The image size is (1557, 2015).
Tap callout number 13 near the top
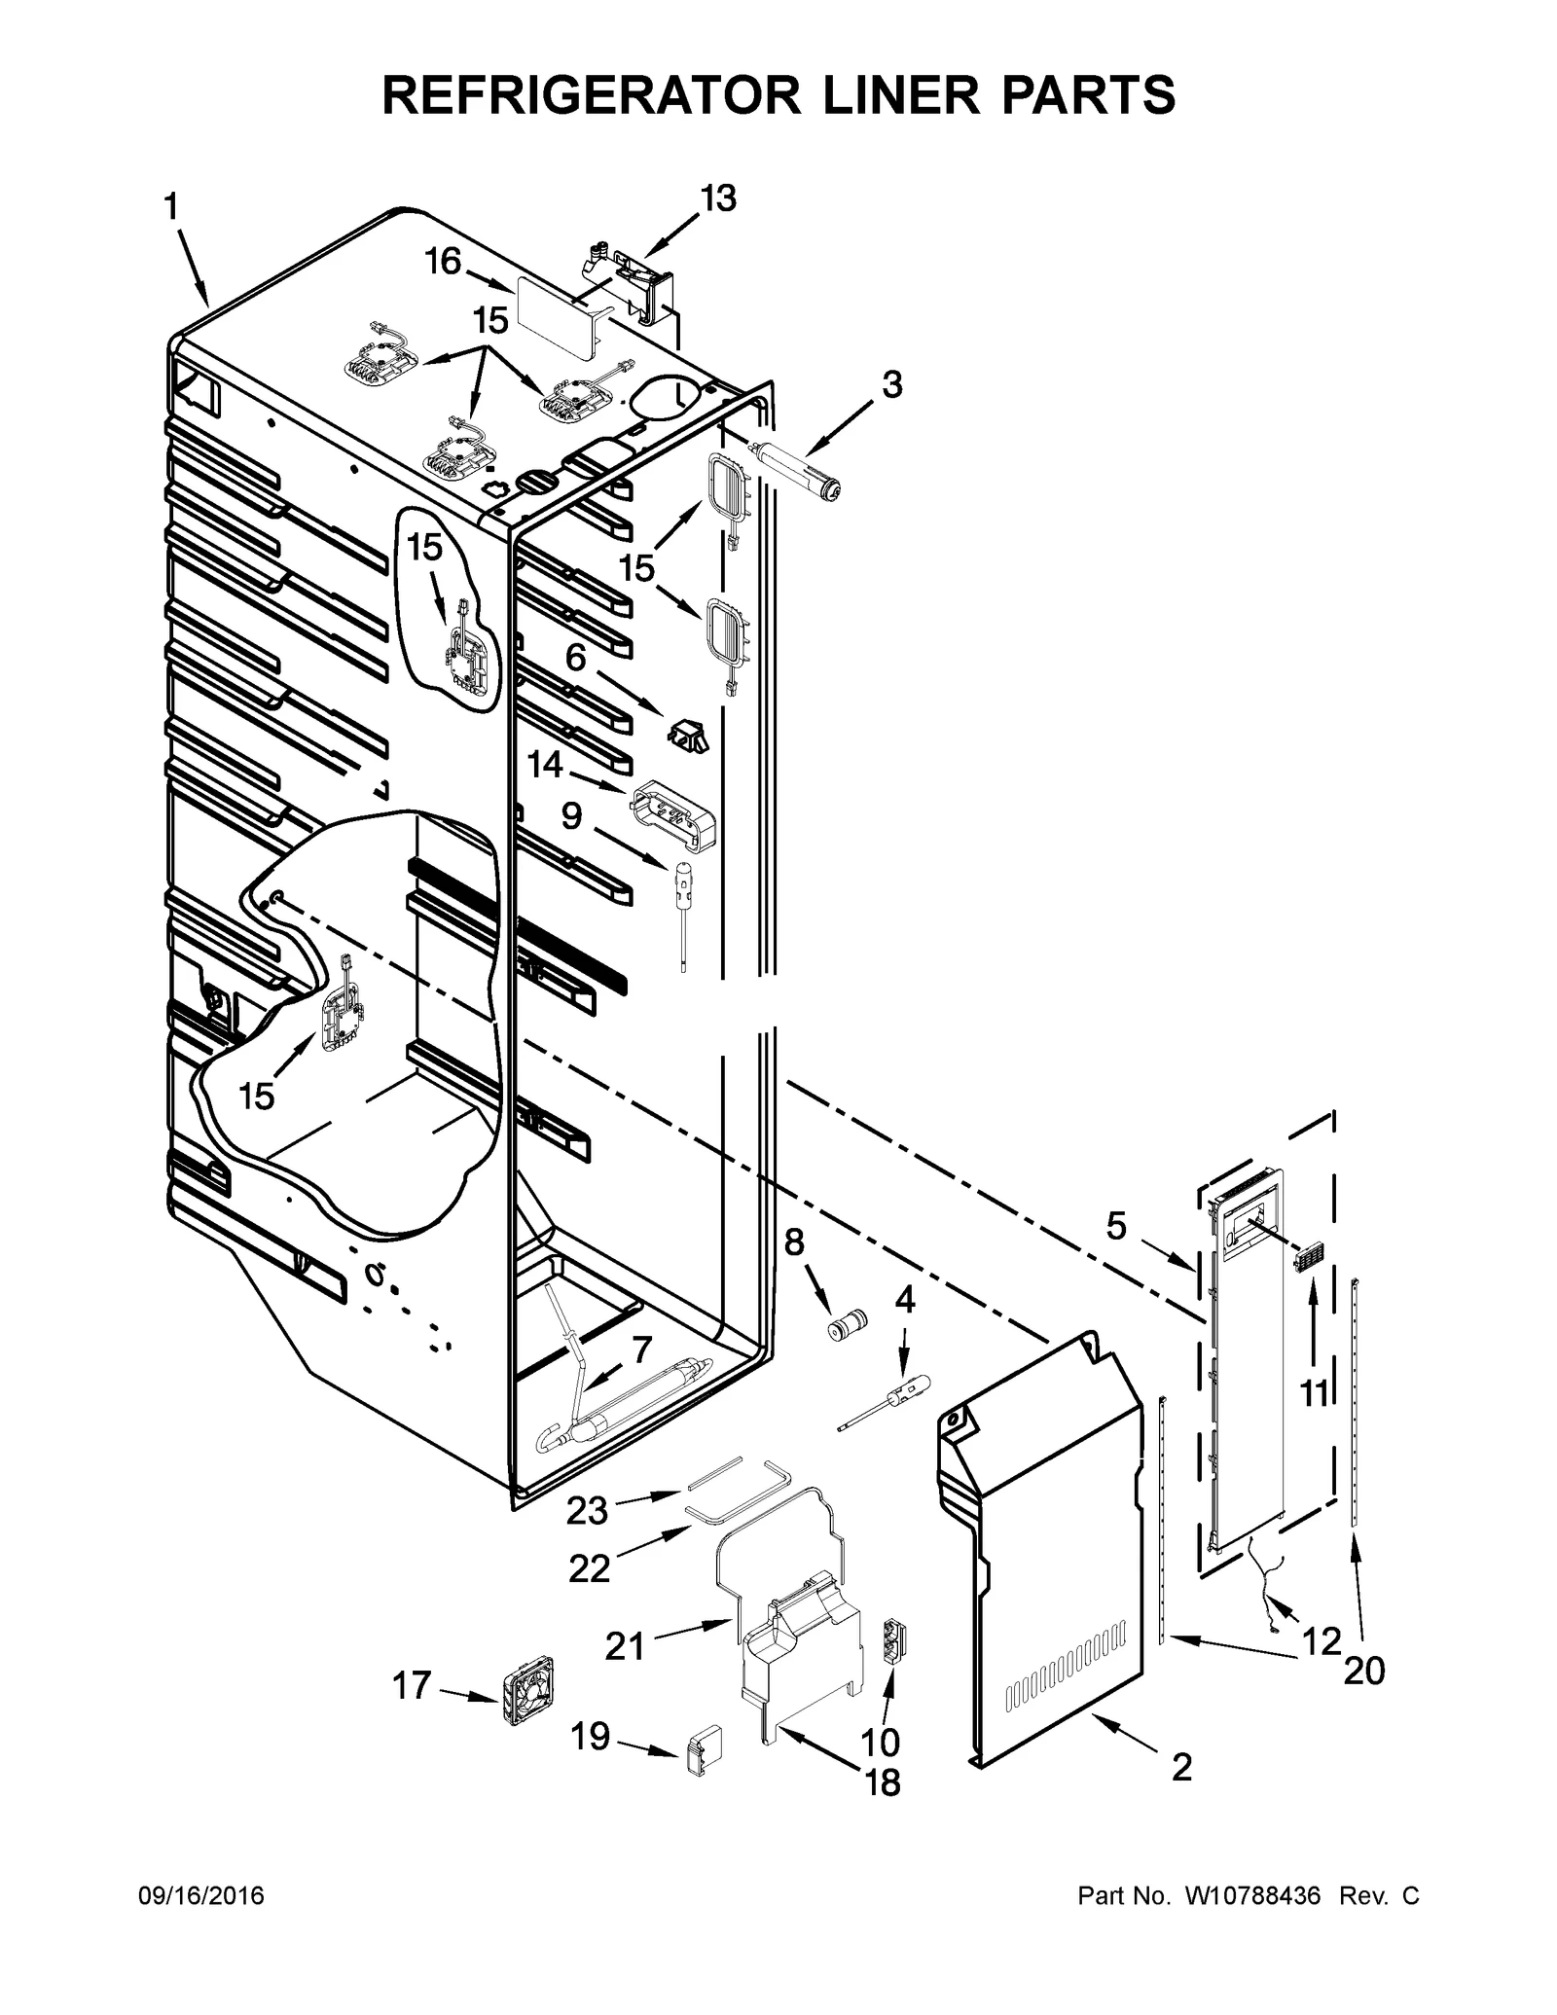pyautogui.click(x=718, y=198)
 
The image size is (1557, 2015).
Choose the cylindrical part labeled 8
pyautogui.click(x=846, y=1326)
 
